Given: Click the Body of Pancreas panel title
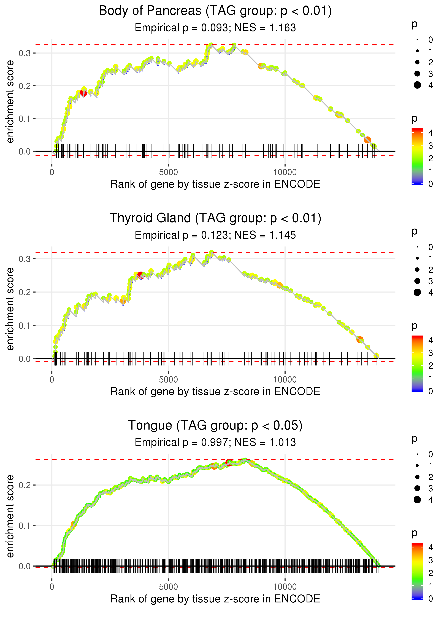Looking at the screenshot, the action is click(x=215, y=11).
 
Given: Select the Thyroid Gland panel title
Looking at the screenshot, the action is click(x=215, y=218).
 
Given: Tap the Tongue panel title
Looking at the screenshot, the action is click(x=215, y=426).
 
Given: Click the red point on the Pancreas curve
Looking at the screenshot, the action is click(x=83, y=93).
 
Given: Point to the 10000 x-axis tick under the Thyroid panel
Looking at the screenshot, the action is click(x=285, y=380).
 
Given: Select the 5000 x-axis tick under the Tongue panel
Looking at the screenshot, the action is click(x=168, y=587).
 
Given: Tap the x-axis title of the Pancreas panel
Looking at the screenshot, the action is click(x=215, y=184).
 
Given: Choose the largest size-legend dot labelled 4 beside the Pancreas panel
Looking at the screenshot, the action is click(x=417, y=85).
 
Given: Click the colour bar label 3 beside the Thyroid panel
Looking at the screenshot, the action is click(x=431, y=353).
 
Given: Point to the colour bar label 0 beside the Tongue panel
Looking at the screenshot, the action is click(x=431, y=599).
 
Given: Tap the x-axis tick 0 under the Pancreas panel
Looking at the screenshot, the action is click(x=52, y=172).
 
